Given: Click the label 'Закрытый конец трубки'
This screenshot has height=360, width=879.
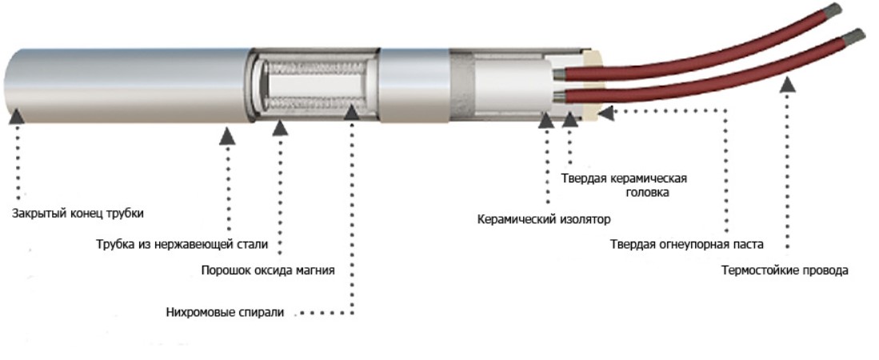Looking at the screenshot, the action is click(78, 214).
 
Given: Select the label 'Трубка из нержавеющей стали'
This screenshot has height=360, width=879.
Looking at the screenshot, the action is click(182, 245).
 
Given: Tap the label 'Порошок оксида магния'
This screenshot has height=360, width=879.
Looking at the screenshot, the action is click(268, 270).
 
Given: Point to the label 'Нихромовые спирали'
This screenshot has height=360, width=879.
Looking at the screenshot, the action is click(226, 312).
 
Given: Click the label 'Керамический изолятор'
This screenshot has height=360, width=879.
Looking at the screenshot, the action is click(544, 218).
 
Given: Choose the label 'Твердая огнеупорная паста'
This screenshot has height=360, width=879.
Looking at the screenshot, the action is click(687, 245).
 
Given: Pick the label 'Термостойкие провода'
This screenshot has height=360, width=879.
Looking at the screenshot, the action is click(785, 270).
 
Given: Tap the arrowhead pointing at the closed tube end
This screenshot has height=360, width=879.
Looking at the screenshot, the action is click(17, 116).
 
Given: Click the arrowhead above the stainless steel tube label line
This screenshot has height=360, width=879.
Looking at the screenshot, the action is click(227, 136).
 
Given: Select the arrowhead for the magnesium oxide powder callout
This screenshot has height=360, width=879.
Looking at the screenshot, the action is click(280, 127).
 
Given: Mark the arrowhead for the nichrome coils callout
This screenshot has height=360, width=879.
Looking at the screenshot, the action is click(351, 111).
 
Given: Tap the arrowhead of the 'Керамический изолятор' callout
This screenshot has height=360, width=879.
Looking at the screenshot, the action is click(546, 120).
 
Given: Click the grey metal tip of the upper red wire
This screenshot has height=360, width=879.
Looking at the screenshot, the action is click(833, 10).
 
